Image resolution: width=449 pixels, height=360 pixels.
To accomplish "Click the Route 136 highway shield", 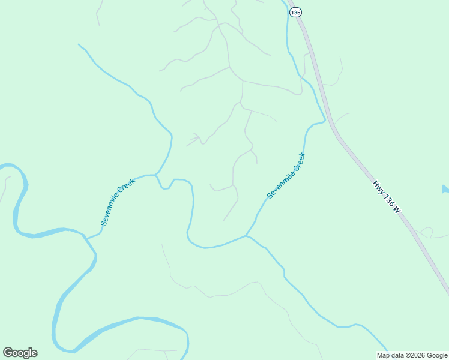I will coord(295,13).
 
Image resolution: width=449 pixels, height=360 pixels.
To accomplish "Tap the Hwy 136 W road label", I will coord(386,196).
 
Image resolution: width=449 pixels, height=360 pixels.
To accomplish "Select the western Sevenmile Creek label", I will coord(118,202).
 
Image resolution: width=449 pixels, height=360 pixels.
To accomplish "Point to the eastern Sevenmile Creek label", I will coord(286,175).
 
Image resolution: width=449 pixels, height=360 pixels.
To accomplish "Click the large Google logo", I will coord(20,353).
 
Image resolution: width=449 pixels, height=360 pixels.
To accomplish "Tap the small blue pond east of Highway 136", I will coord(445,190).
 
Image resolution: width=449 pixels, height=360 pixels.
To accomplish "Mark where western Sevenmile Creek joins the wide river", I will coord(86,238).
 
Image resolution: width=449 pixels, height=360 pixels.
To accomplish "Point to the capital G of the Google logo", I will coord(8,353).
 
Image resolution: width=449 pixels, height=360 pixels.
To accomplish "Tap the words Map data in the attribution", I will coord(387,355).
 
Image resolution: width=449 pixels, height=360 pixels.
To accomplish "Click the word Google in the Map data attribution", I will coord(435,355).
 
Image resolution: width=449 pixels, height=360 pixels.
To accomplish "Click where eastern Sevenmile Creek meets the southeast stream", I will coord(246,236).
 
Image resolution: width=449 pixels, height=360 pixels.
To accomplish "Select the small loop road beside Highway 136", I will coord(427,232).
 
